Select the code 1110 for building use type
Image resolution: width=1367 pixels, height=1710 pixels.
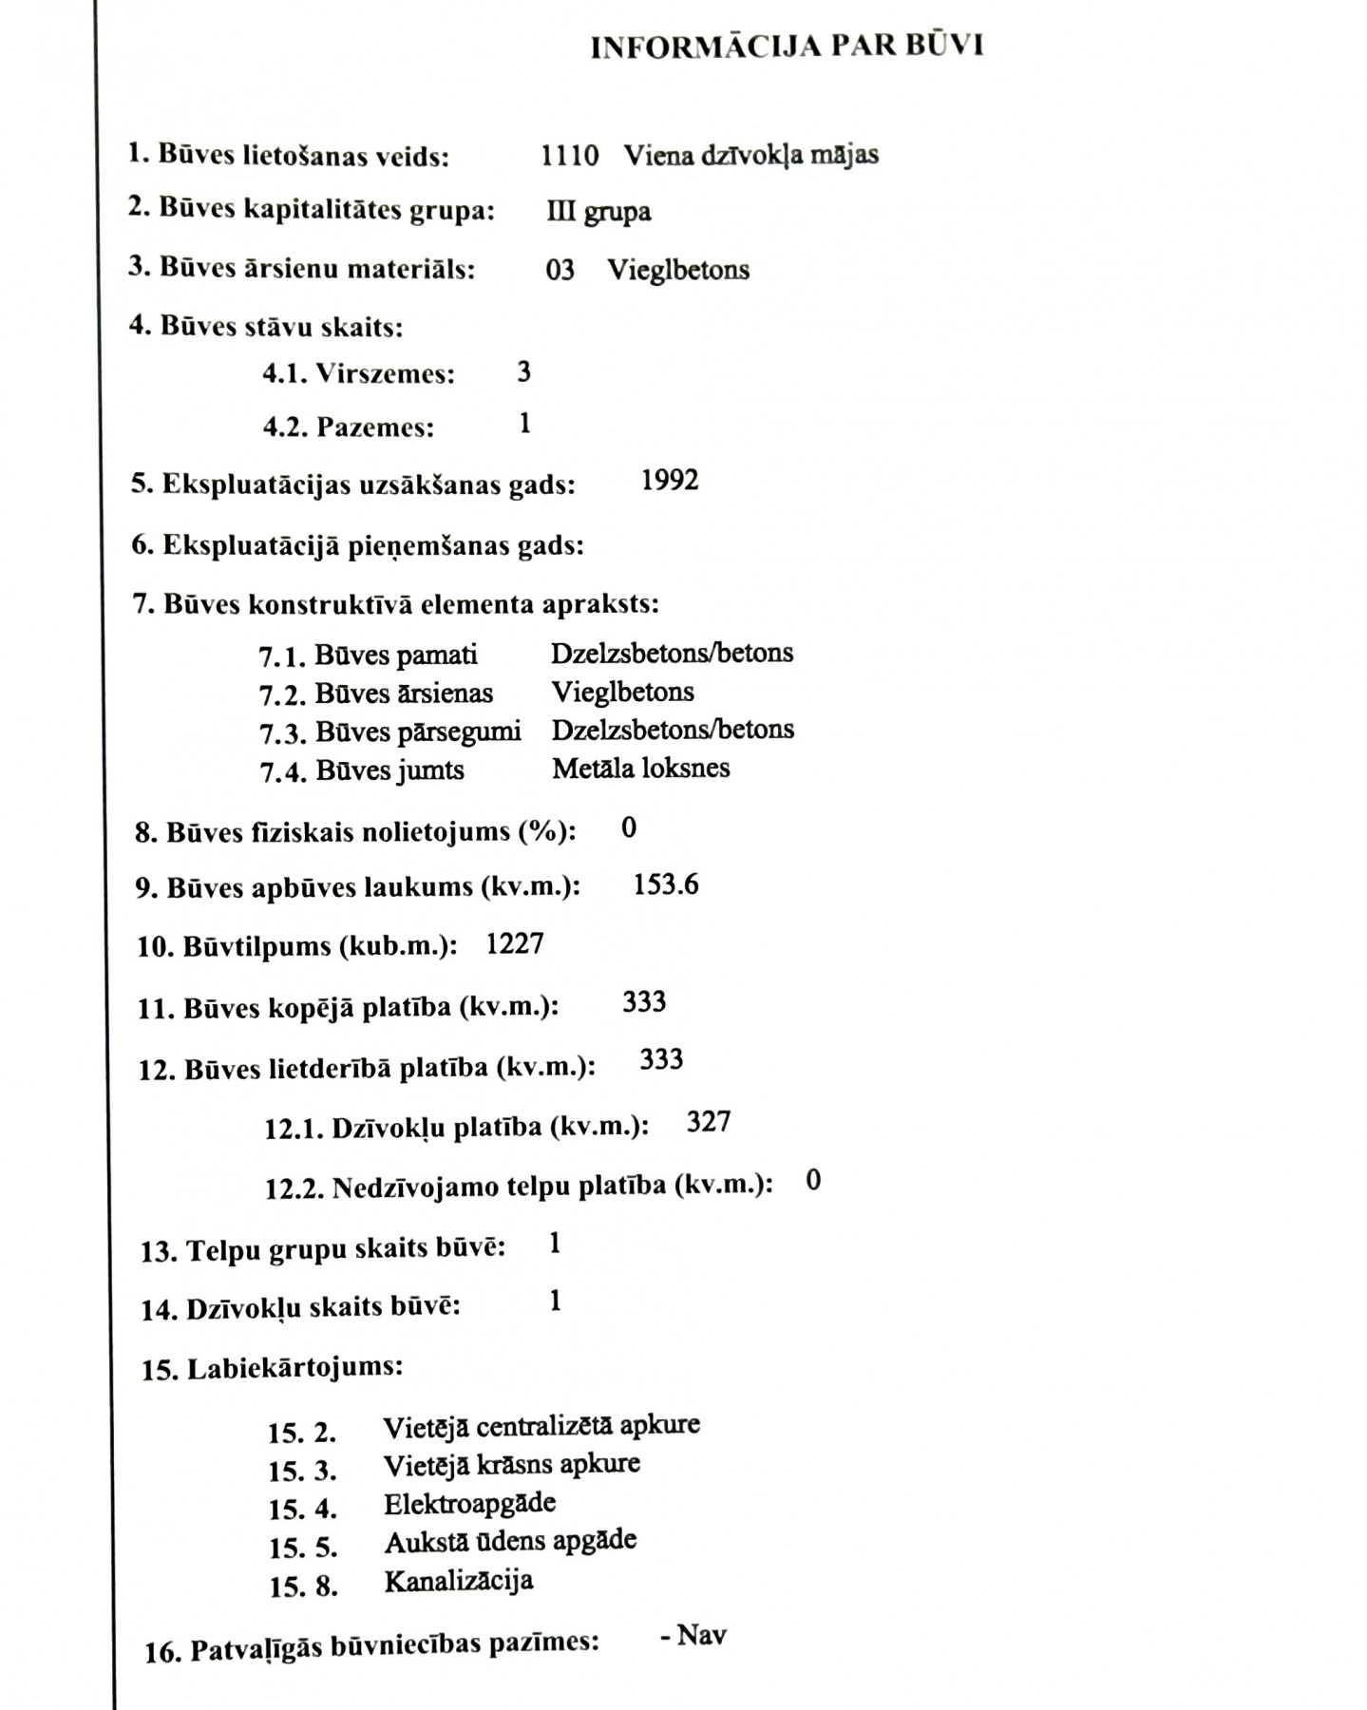pyautogui.click(x=569, y=155)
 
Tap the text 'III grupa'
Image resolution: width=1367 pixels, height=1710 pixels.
pyautogui.click(x=598, y=211)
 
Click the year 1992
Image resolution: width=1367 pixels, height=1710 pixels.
pyautogui.click(x=670, y=481)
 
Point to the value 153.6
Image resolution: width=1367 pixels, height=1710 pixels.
pyautogui.click(x=666, y=885)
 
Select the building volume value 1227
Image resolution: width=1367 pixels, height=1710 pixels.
pyautogui.click(x=515, y=944)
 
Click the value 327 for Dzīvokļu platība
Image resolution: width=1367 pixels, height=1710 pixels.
pyautogui.click(x=709, y=1122)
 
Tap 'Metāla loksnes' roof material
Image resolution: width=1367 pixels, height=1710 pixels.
pyautogui.click(x=641, y=768)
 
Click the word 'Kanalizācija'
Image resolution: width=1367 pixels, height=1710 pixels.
pyautogui.click(x=459, y=1581)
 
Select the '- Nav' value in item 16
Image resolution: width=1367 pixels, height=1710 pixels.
pyautogui.click(x=693, y=1635)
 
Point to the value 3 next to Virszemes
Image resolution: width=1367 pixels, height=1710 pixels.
pyautogui.click(x=524, y=371)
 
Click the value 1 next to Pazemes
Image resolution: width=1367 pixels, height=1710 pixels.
pyautogui.click(x=525, y=423)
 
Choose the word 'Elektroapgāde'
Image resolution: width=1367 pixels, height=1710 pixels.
pyautogui.click(x=469, y=1504)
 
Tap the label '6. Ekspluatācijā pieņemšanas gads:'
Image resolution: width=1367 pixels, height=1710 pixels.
pyautogui.click(x=357, y=545)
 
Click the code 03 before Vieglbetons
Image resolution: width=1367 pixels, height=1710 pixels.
pyautogui.click(x=560, y=270)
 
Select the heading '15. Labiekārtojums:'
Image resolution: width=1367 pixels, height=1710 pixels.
pyautogui.click(x=273, y=1368)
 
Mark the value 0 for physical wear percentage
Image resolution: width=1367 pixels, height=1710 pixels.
pyautogui.click(x=629, y=827)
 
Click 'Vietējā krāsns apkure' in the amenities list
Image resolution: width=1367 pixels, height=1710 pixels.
pyautogui.click(x=512, y=1464)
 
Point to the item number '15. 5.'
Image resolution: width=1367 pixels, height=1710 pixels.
pyautogui.click(x=303, y=1548)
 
